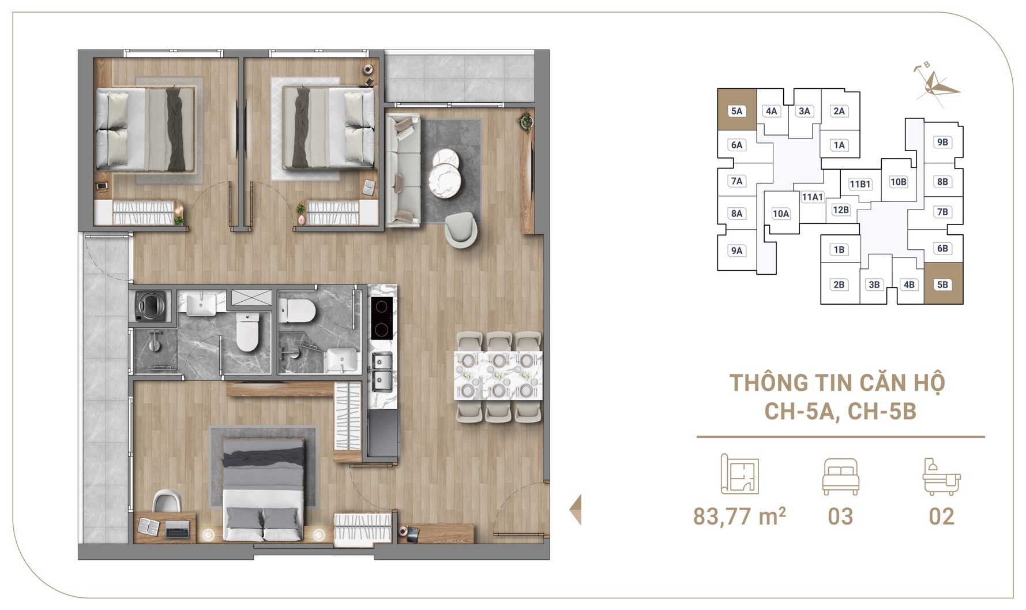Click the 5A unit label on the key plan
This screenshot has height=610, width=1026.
736,111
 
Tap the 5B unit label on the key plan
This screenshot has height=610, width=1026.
942,285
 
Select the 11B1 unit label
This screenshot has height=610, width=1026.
860,184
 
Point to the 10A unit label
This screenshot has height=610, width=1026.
781,214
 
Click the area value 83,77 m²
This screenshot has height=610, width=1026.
739,516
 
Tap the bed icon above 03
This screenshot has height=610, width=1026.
840,476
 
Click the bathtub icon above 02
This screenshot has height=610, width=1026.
941,476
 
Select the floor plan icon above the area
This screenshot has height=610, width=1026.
740,474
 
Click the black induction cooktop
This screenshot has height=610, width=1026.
381,318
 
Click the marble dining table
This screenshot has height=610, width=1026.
498,375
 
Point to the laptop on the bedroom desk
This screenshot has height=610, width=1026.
178,529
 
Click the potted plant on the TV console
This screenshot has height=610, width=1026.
525,122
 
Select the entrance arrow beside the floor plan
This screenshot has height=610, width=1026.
575,510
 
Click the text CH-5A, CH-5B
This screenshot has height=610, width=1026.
840,411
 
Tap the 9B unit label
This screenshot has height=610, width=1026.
942,142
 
